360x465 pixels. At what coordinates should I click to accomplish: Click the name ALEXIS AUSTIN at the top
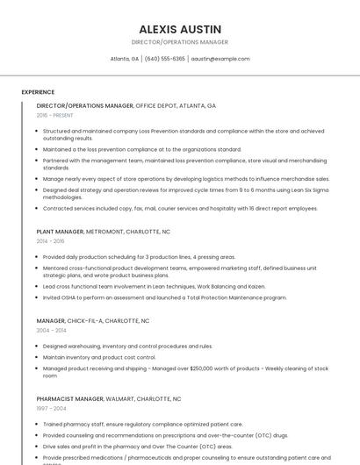click(x=180, y=29)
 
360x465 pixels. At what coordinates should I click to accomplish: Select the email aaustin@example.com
click(x=220, y=59)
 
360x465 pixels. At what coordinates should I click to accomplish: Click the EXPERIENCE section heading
click(x=38, y=92)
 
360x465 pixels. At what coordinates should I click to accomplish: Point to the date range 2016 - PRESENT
click(x=54, y=115)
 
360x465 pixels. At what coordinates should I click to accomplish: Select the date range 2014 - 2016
click(x=50, y=240)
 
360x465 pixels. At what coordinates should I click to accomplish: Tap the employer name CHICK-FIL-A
click(x=87, y=321)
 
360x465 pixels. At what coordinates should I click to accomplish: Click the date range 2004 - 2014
click(x=50, y=331)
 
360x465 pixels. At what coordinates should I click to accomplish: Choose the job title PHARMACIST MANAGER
click(x=70, y=399)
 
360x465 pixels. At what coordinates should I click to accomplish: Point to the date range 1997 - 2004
click(x=50, y=408)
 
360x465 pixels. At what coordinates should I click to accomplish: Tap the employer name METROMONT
click(x=105, y=232)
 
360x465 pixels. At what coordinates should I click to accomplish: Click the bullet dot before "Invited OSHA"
click(x=38, y=297)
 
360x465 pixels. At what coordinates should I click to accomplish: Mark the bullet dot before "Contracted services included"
click(x=38, y=209)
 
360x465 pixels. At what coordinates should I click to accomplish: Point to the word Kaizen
click(x=256, y=286)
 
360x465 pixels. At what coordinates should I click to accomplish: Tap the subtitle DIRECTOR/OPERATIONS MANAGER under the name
click(x=180, y=42)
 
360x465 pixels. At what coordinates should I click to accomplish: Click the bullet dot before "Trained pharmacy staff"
click(x=38, y=424)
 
